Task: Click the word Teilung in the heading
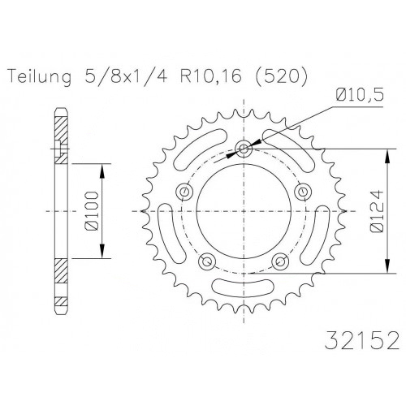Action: pyautogui.click(x=40, y=76)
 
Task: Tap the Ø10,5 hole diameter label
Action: pyautogui.click(x=360, y=95)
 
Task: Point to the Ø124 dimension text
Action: pyautogui.click(x=376, y=211)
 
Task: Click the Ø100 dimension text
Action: pyautogui.click(x=91, y=211)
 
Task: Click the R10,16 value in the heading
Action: pyautogui.click(x=210, y=76)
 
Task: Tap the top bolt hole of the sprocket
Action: pyautogui.click(x=244, y=149)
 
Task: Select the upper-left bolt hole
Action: pyautogui.click(x=184, y=192)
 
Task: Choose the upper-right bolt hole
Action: pyautogui.click(x=303, y=192)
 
